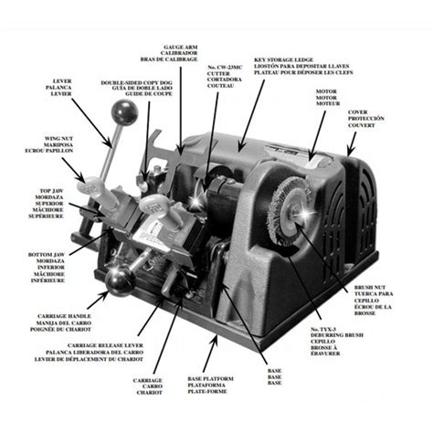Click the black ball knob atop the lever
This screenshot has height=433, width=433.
click(x=126, y=113)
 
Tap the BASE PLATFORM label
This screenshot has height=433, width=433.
click(x=214, y=375)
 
